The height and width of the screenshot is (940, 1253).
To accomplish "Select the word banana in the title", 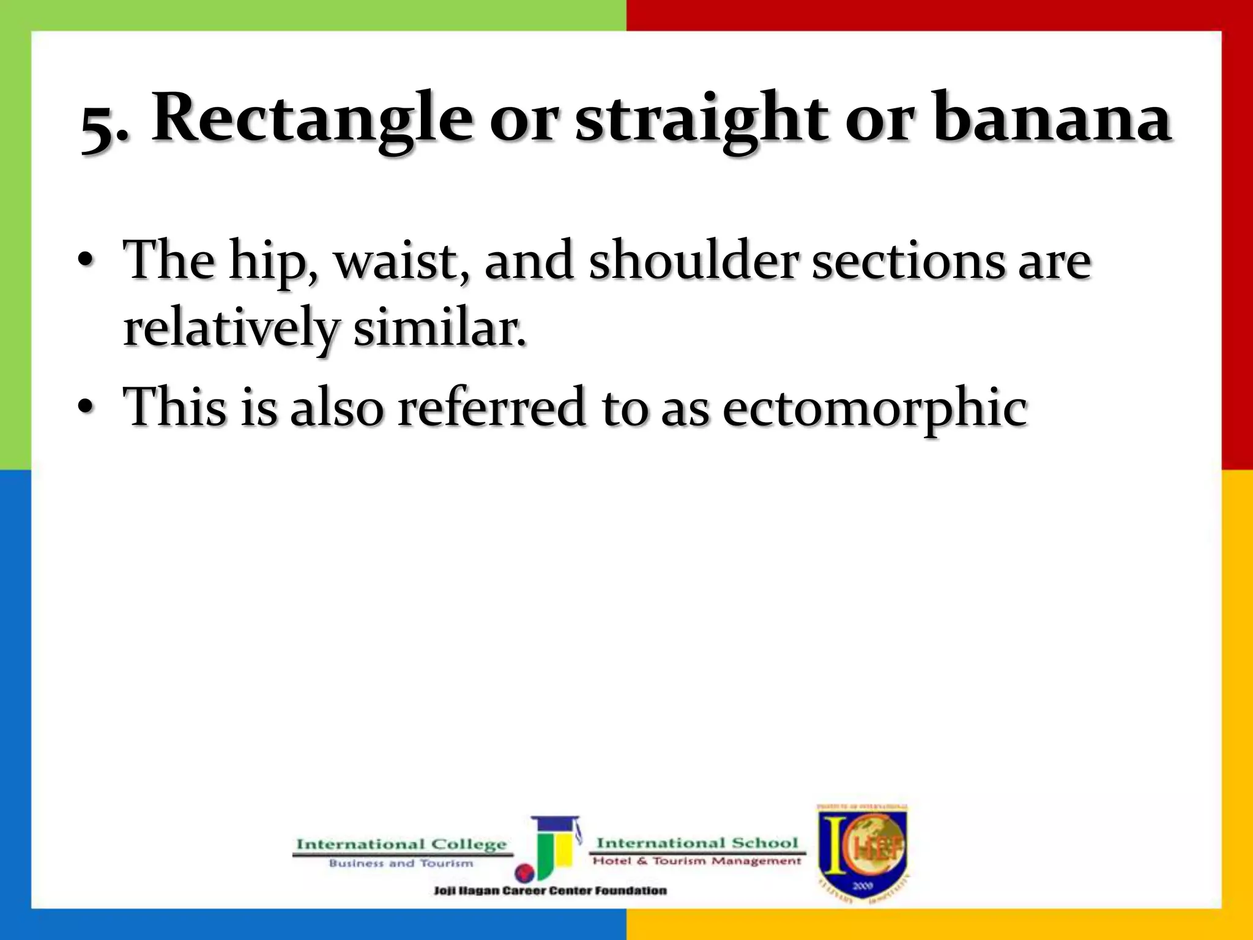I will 1052,119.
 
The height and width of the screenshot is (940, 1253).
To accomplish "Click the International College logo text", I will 401,845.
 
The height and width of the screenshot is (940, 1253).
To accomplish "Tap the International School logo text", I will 697,843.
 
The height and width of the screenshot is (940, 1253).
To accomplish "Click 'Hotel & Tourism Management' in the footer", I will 696,861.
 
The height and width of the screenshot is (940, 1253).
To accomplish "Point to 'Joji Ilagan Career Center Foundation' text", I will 550,891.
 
